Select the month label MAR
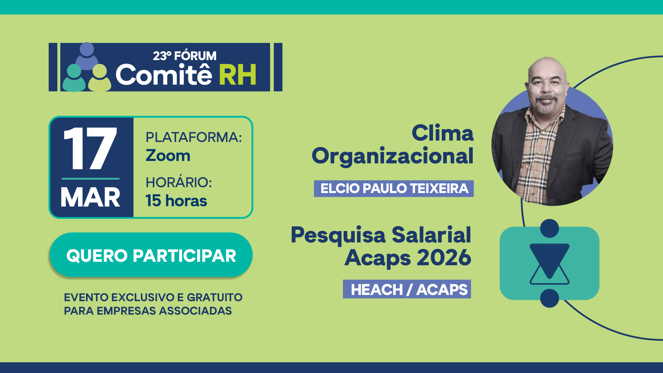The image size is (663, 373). pos(90,198)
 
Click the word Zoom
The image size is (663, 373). pos(168,155)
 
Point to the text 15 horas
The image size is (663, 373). pos(176,201)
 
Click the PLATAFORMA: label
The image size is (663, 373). pos(194,137)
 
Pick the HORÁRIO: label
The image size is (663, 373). pos(179,182)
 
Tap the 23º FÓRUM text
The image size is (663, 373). pos(185,56)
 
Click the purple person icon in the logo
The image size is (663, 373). pos(87,56)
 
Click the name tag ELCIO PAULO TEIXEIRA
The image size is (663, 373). pos(394,189)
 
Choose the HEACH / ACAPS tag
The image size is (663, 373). pos(407,289)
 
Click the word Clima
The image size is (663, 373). pos(442,133)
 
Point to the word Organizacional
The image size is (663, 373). pos(393,156)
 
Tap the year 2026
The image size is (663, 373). pos(444,257)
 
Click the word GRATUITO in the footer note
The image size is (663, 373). pos(214,297)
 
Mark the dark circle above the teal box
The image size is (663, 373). pos(549,228)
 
